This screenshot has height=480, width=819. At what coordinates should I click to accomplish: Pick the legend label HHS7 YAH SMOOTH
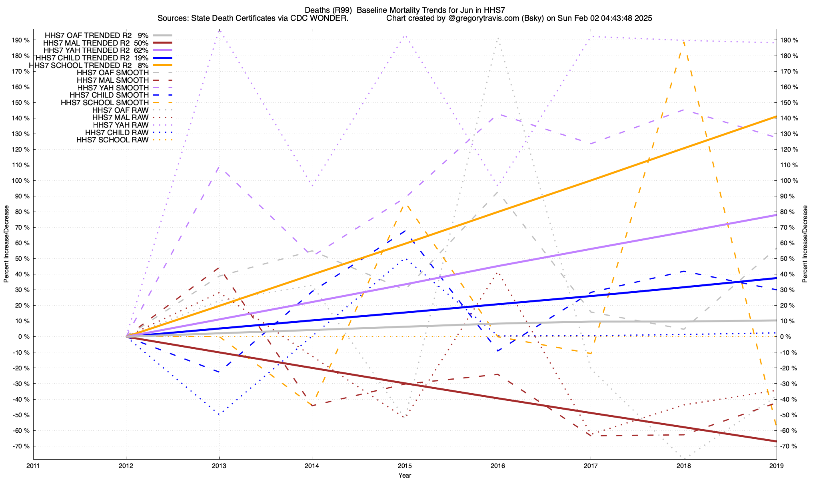pyautogui.click(x=113, y=88)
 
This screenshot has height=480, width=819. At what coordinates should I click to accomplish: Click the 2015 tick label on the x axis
pyautogui.click(x=405, y=466)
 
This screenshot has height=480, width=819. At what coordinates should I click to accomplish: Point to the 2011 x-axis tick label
pyautogui.click(x=33, y=466)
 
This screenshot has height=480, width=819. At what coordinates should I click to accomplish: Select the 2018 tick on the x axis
pyautogui.click(x=683, y=466)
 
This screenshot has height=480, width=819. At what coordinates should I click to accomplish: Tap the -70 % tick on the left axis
pyautogui.click(x=21, y=446)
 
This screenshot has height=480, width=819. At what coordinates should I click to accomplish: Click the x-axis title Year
pyautogui.click(x=405, y=475)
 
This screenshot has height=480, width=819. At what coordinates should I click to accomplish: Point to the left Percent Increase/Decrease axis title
pyautogui.click(x=6, y=244)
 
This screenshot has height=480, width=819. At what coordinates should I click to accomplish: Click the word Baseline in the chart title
pyautogui.click(x=372, y=10)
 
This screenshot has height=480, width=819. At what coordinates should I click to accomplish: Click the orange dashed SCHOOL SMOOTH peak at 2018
pyautogui.click(x=683, y=41)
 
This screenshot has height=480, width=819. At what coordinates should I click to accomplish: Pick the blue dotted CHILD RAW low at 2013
pyautogui.click(x=219, y=414)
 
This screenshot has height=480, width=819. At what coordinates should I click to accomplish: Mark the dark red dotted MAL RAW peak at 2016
pyautogui.click(x=497, y=273)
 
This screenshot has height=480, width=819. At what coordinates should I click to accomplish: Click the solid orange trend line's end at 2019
pyautogui.click(x=776, y=117)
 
